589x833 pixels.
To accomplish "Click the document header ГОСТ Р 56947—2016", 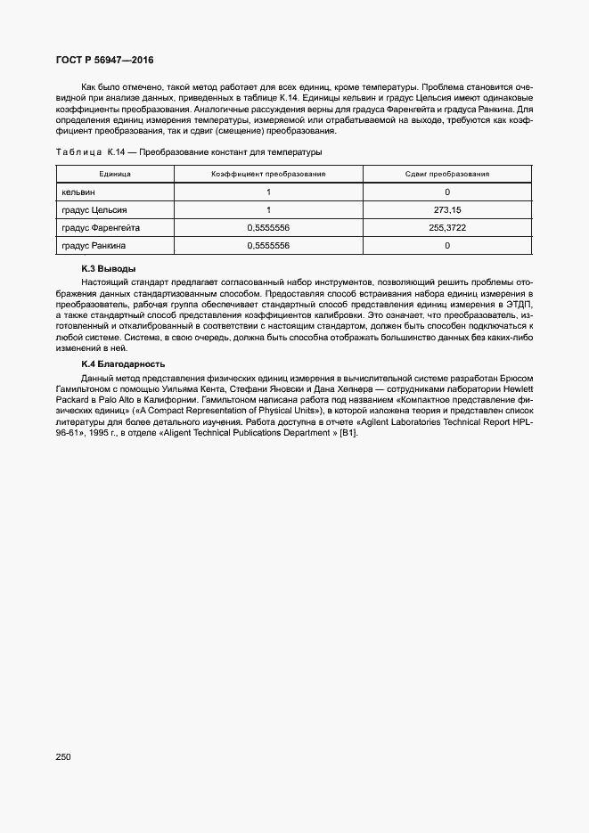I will click(104, 60).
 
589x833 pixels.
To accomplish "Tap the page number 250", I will click(62, 756).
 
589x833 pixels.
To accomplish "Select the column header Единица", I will click(115, 174).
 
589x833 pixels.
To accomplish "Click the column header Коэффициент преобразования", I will click(268, 174).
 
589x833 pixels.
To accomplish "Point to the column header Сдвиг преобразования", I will click(446, 174).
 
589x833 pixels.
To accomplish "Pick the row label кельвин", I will click(78, 192).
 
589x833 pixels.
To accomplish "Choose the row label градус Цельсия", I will click(94, 209).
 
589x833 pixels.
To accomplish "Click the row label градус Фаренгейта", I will click(101, 227).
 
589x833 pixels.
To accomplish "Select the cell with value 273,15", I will click(446, 209).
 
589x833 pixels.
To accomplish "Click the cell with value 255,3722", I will click(446, 227).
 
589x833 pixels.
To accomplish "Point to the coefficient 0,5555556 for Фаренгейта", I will click(268, 227).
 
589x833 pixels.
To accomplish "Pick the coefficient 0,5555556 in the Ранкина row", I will click(268, 245).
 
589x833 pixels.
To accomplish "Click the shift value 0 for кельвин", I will click(446, 192).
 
